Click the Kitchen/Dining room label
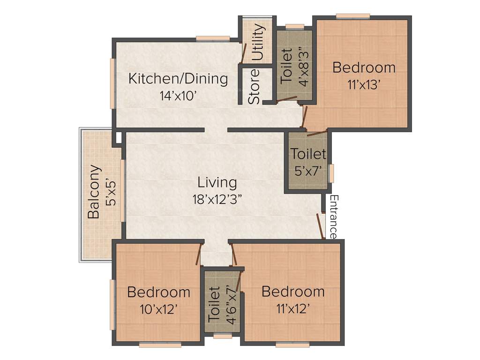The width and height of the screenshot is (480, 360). pos(178,78)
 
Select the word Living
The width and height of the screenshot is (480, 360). pos(217,181)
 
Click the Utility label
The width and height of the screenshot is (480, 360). pos(257,43)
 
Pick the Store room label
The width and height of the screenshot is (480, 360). pos(254,87)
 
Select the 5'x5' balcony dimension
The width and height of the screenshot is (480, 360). pos(110,192)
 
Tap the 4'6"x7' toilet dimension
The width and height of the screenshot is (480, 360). pos(230,304)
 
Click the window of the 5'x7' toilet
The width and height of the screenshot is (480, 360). pos(331,173)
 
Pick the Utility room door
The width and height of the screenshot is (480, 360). pos(244,52)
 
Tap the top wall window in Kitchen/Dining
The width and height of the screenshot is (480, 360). pos(212,39)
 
